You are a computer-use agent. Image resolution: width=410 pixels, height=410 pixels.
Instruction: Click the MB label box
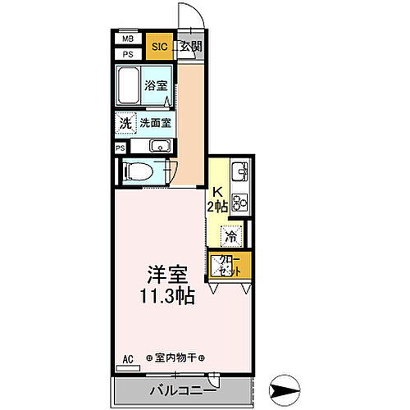128,39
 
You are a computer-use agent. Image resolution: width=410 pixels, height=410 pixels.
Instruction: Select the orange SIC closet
159,48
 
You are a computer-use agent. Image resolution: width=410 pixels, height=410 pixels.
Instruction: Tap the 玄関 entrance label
191,47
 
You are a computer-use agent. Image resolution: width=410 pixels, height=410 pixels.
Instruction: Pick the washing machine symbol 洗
125,124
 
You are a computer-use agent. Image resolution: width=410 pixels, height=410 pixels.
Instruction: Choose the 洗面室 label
155,124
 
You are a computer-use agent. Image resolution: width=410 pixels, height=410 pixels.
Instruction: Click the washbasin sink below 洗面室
160,148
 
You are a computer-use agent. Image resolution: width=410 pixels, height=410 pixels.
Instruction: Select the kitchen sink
240,173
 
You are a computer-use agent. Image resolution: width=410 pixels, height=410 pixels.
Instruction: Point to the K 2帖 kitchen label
217,200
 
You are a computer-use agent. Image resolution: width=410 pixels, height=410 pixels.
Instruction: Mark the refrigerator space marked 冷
232,235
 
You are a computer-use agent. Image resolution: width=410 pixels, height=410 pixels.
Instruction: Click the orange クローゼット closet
230,266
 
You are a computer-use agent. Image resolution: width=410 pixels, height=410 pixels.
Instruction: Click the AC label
127,358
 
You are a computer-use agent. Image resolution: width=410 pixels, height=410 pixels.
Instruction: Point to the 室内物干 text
175,358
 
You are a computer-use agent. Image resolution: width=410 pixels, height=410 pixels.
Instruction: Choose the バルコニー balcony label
182,389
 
